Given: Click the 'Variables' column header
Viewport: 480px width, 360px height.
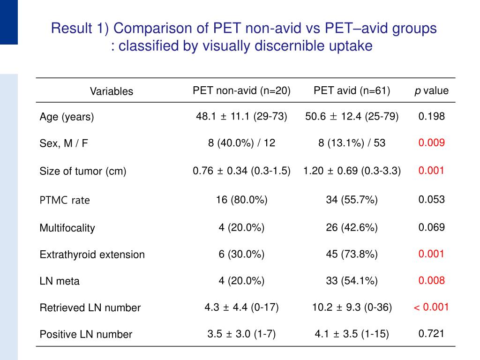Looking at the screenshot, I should coord(112,91).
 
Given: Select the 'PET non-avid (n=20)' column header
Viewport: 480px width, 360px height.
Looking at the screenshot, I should coord(241,90).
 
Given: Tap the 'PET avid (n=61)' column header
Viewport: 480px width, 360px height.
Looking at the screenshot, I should coord(352,90).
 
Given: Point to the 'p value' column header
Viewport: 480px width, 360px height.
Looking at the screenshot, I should coord(431,90).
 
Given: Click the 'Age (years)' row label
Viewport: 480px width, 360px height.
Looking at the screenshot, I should coord(67,117).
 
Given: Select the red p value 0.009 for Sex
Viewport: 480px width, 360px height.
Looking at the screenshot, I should coord(431,142).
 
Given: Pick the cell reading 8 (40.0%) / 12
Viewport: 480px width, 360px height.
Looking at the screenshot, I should coord(241,143).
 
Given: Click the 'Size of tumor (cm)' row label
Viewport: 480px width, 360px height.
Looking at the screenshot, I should coord(83,172).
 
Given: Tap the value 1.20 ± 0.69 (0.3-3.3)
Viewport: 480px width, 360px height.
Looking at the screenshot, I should coord(352,171).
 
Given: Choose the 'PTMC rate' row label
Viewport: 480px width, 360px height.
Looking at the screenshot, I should coord(65,200).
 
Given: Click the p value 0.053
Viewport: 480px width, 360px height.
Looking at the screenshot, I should coord(431,199).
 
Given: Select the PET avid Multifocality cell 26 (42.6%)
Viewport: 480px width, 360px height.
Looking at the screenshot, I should coord(352,228).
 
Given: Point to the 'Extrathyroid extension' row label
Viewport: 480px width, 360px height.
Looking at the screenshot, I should coord(92,255).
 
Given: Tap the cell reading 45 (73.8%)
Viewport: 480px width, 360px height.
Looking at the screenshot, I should coord(352,254).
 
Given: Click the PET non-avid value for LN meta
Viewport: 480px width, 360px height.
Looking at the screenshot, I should coord(241,281).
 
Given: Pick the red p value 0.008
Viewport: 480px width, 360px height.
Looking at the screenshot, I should coord(431,280).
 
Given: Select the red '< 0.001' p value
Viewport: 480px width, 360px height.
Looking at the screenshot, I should coord(431,307).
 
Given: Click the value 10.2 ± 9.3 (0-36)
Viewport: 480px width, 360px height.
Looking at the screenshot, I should coord(352,307).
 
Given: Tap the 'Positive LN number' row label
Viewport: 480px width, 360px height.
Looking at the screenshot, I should coord(86,335).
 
